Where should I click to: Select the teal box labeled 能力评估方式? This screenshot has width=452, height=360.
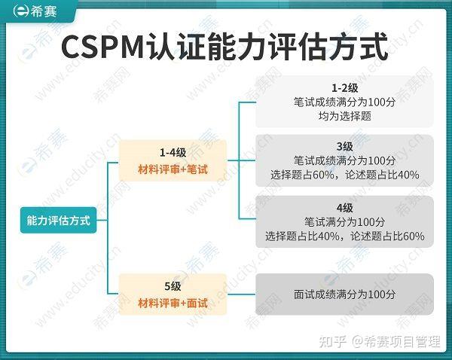click(58, 221)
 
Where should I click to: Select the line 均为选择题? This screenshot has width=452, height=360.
click(344, 117)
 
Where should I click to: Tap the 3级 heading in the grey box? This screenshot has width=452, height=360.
click(344, 145)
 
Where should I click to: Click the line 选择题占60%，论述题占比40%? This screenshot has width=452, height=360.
click(344, 175)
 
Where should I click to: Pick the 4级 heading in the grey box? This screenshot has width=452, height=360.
click(344, 207)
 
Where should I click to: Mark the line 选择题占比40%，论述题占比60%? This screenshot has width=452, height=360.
click(344, 236)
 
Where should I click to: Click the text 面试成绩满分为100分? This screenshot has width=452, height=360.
click(344, 294)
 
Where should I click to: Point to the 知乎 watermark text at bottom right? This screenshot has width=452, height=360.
click(333, 342)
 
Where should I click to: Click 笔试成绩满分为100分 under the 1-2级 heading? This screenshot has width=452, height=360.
click(344, 102)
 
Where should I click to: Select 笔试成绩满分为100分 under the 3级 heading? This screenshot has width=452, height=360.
click(344, 160)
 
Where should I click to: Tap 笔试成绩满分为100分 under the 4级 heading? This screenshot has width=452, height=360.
click(344, 222)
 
